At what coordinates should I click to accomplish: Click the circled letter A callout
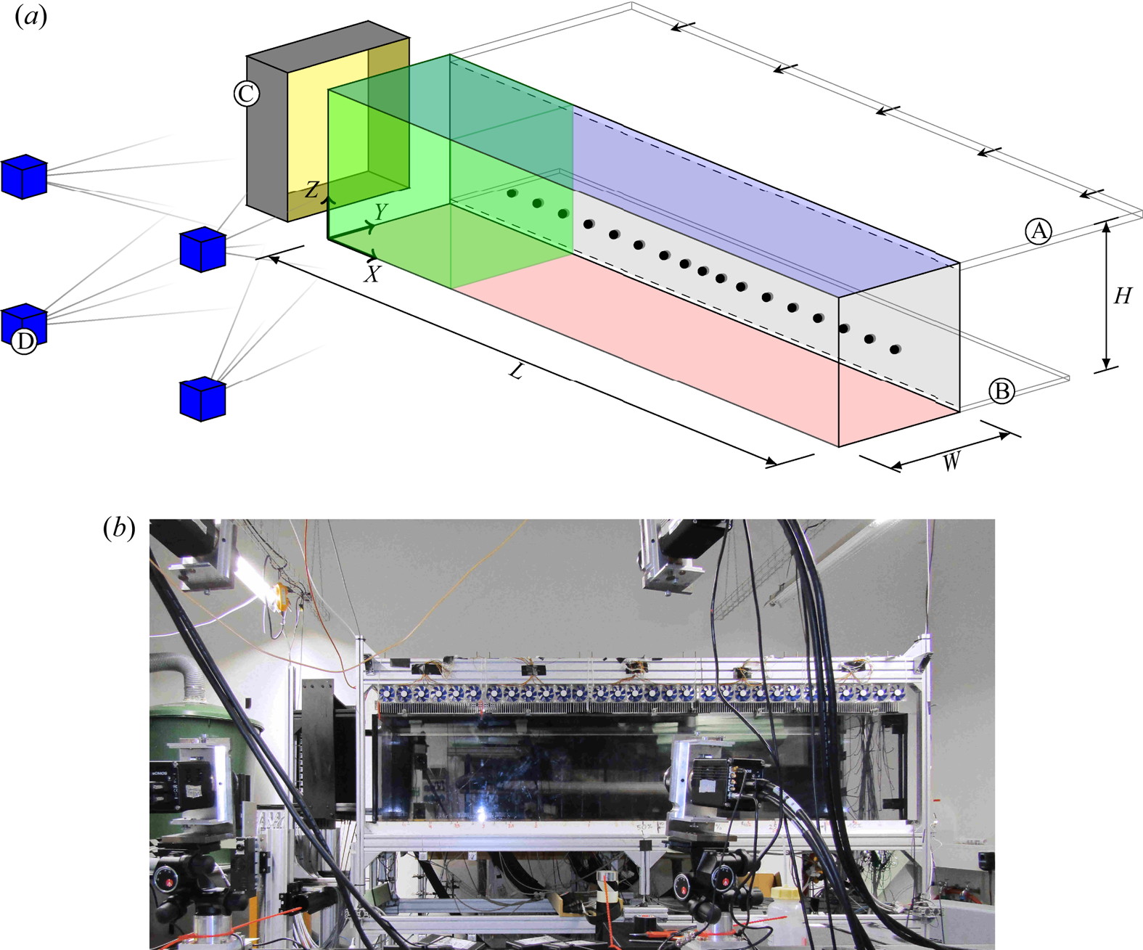[1038, 231]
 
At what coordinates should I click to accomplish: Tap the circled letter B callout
[1001, 391]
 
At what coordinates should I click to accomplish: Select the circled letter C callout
[246, 94]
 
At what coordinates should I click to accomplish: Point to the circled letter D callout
[24, 341]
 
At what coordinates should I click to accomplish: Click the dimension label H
[1123, 296]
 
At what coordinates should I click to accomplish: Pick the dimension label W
[951, 461]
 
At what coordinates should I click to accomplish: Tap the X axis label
[372, 274]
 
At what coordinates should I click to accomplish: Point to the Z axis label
[311, 190]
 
